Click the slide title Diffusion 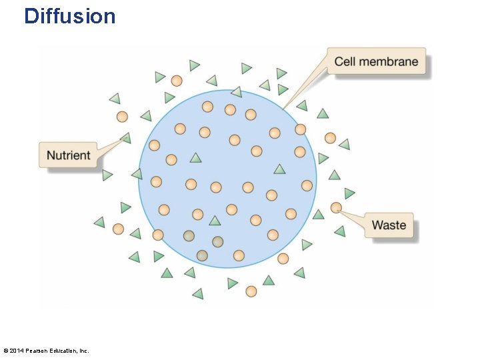[x=69, y=16]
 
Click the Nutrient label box [x=68, y=155]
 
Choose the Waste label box [x=389, y=225]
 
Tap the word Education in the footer [x=64, y=351]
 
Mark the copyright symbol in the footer [x=6, y=351]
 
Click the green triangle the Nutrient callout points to [x=125, y=138]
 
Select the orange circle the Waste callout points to [x=336, y=208]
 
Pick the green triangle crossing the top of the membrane [x=236, y=92]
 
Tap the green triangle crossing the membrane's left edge [x=137, y=174]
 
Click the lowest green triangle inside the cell [x=214, y=221]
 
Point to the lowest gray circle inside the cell [x=202, y=255]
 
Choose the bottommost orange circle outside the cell [x=251, y=291]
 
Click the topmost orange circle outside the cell [x=177, y=81]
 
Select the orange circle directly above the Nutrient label [x=122, y=117]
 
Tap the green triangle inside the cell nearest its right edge [x=279, y=169]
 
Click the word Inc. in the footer [x=83, y=351]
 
